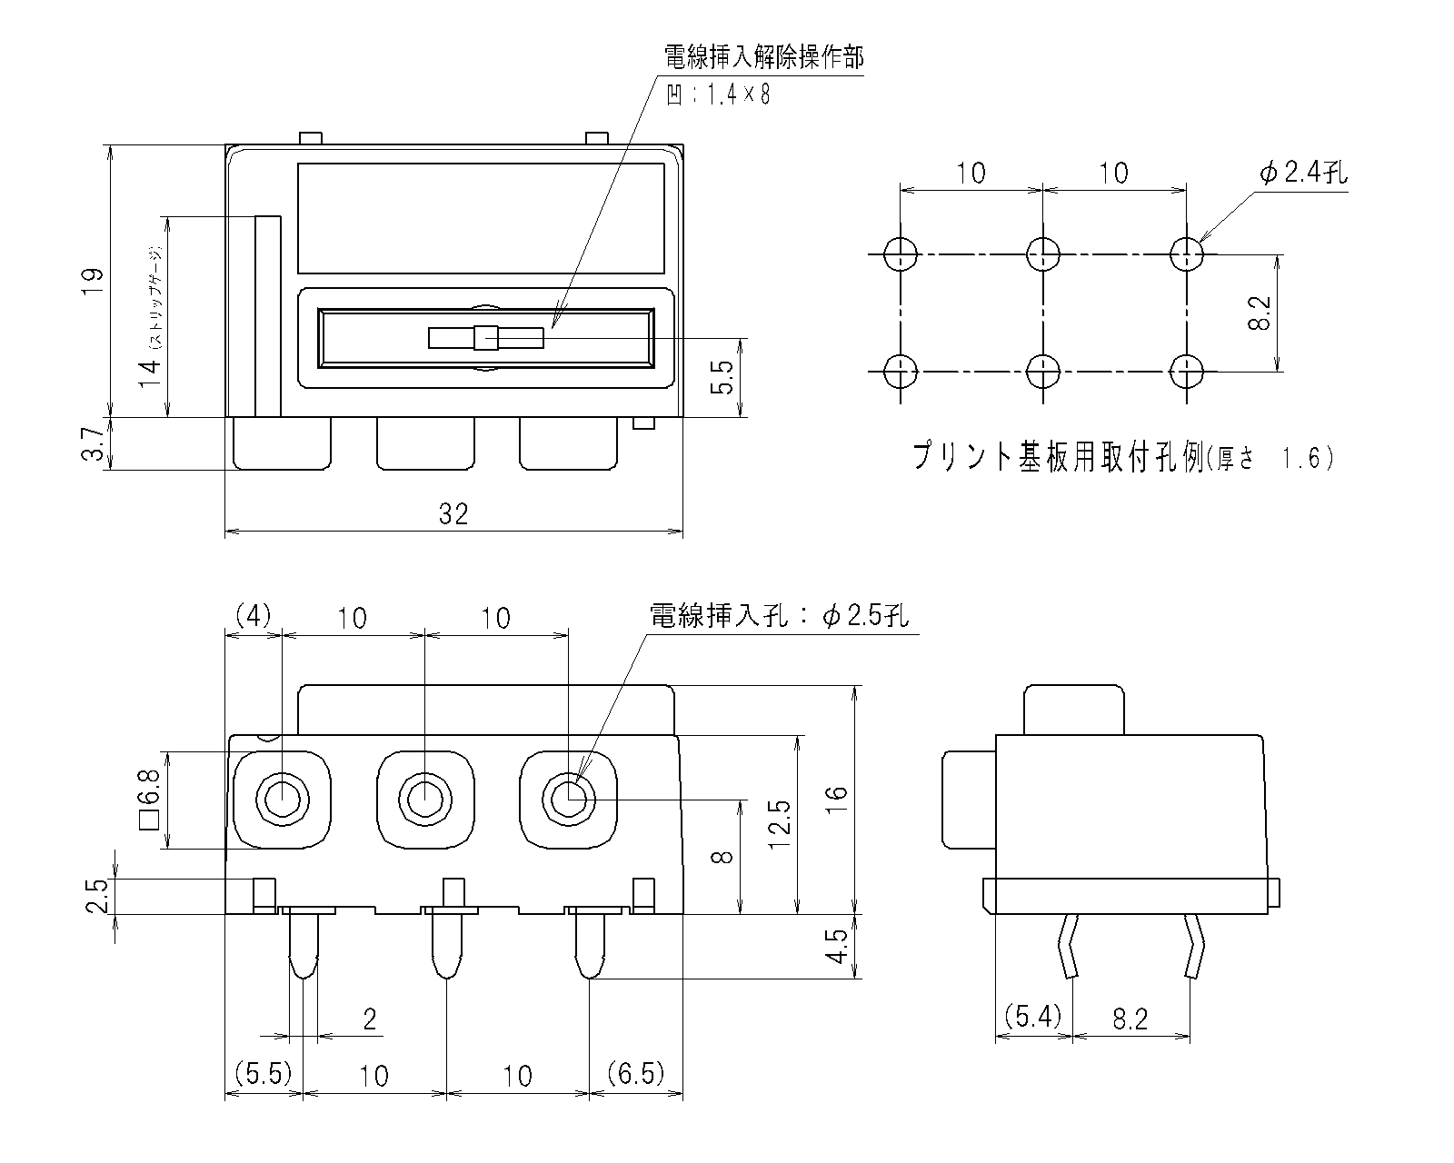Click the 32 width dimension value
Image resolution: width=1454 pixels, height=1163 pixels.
click(453, 514)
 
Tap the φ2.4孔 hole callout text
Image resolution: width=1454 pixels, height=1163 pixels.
click(1303, 173)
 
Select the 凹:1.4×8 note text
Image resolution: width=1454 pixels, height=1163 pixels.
click(718, 95)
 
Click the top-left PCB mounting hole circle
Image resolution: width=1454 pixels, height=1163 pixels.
click(900, 253)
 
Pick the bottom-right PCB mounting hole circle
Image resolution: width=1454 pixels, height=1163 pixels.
click(1186, 371)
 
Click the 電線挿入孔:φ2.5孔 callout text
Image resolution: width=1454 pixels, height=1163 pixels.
click(780, 617)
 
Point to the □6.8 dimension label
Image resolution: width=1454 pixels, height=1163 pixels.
click(149, 800)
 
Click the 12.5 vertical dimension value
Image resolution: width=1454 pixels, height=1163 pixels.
click(779, 824)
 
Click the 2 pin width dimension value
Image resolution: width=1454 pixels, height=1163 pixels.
click(369, 1019)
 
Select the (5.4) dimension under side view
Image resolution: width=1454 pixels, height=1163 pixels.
click(1032, 1016)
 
